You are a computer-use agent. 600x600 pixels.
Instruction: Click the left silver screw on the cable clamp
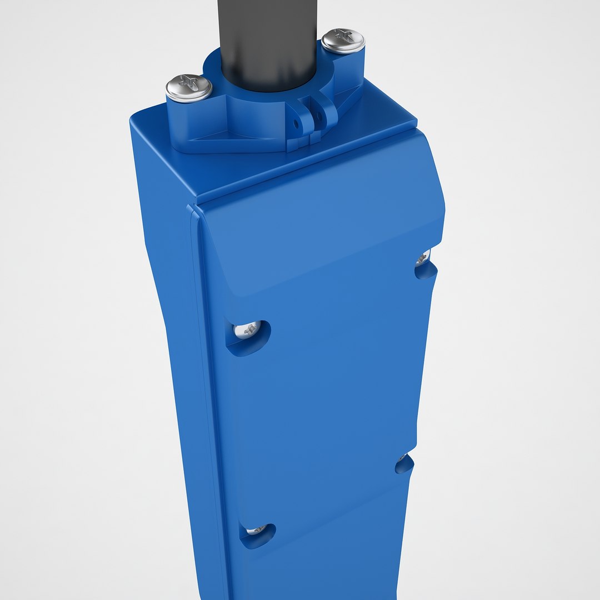(189, 88)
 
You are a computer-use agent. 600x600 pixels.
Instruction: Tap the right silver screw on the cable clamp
(343, 41)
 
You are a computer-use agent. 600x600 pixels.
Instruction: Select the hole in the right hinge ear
(318, 111)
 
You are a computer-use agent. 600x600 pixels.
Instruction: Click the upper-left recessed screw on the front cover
(248, 330)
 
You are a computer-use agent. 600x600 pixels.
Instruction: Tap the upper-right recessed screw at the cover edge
(423, 258)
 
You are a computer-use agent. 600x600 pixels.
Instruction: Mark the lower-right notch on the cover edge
(404, 464)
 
